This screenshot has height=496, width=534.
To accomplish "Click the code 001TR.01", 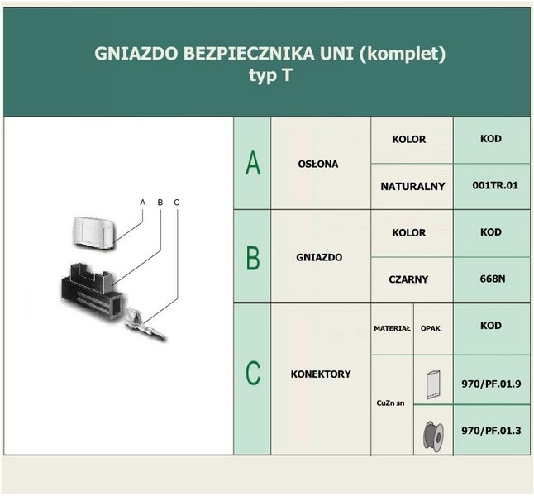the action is point(495,186).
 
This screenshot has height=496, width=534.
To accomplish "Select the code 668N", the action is point(493,279).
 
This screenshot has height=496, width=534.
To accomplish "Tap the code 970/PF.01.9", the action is point(491,384).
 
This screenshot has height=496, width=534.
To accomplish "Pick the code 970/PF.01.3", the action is point(491,431).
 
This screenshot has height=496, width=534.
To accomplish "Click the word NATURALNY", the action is point(412,186).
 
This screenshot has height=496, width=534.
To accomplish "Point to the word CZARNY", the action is point(408,279).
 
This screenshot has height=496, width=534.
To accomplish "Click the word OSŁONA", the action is point(318,164).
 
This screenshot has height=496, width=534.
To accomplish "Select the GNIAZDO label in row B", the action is point(319,257).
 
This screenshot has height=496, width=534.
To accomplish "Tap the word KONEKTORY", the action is point(321,374).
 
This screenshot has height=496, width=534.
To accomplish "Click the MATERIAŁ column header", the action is point(392,328).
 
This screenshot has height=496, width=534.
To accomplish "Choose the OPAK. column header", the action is point(431,329).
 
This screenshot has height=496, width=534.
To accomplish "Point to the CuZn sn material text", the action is point(391,403).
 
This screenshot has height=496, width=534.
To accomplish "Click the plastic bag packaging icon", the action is point(433,384).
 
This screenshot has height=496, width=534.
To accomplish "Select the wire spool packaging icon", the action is point(433,436).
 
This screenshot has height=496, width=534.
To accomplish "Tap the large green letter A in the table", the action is point(253,163).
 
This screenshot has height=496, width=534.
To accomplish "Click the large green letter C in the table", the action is point(253,374).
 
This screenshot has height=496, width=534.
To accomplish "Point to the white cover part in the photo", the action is point(94,233).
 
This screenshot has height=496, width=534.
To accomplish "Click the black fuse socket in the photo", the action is point(92,291).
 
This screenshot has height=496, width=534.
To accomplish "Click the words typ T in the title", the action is point(270,75).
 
